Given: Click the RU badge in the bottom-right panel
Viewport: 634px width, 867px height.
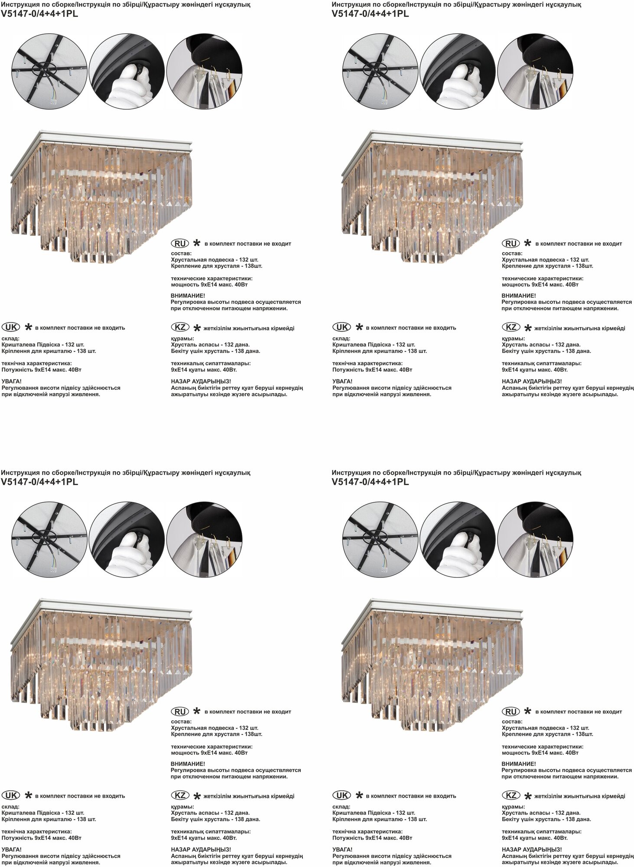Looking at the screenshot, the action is click(x=511, y=711).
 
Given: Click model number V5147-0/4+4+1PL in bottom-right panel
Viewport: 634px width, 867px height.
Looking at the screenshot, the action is click(x=371, y=482).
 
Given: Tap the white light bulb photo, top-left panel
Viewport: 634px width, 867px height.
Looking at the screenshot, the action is click(x=127, y=72).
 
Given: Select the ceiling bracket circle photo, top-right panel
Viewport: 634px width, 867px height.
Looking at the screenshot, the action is click(x=380, y=72).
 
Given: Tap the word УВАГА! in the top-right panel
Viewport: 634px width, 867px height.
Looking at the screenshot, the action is click(x=342, y=381).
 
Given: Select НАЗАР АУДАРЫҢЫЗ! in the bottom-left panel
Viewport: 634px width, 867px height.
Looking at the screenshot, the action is click(x=201, y=850).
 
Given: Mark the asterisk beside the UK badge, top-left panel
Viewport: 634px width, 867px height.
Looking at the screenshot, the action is click(x=28, y=327).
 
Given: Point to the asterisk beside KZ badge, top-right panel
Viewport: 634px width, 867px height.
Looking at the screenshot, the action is click(x=527, y=328).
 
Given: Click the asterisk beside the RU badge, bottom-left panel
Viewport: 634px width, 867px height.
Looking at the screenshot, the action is click(x=196, y=711).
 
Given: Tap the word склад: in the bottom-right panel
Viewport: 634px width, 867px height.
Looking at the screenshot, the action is click(x=341, y=807).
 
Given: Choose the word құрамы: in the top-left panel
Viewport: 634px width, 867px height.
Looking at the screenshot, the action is click(x=182, y=339).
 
